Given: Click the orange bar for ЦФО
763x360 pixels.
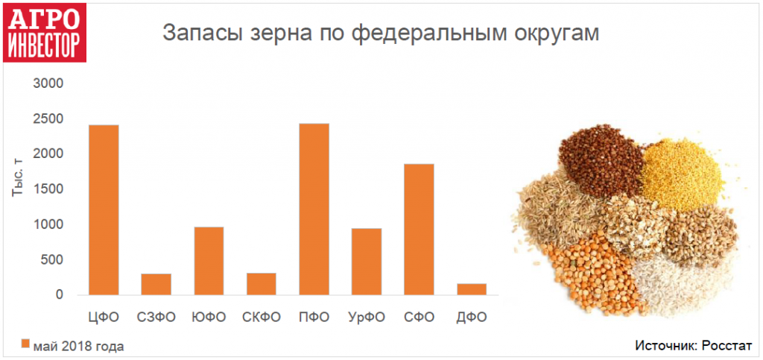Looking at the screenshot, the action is coord(104,209).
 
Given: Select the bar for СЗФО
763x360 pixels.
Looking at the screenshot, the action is coord(156,284).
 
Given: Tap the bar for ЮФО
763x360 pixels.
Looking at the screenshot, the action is coord(209,261).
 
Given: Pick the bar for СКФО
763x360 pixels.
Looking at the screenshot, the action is coord(262,284).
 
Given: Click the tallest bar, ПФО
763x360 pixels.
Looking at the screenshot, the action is coord(314,209).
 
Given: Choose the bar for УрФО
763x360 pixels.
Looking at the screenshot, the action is coord(367,262).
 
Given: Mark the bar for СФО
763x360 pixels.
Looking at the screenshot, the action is coord(419,229).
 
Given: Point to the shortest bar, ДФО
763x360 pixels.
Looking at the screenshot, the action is coord(472,289).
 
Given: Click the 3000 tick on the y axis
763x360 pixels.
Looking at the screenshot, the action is coord(48,83).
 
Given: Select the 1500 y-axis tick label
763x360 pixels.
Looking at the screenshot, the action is coord(48,189).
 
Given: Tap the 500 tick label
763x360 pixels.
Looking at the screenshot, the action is coord(53,260).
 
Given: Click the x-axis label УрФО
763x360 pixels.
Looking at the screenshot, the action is coord(367,318).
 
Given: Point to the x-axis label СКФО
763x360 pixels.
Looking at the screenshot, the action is coord(262,318).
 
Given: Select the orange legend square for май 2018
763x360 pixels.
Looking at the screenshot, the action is coord(25,344).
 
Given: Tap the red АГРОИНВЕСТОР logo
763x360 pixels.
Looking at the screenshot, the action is coord(45,33).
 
